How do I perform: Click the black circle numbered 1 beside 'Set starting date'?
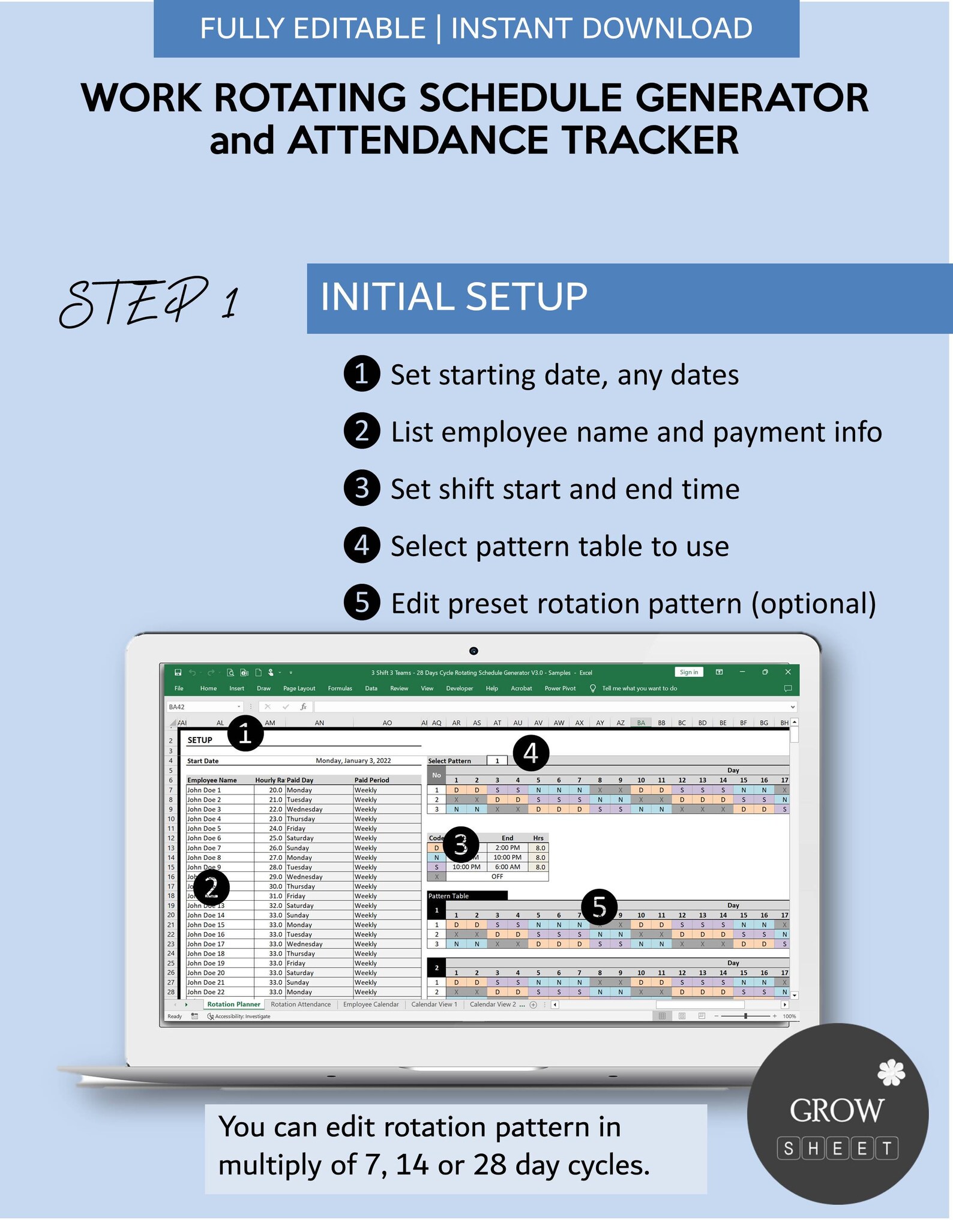(x=361, y=374)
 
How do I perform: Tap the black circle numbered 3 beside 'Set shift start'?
(x=361, y=488)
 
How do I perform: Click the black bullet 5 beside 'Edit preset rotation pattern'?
(x=361, y=602)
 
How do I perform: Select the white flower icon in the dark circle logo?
(x=891, y=1073)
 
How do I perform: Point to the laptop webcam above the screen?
(x=473, y=651)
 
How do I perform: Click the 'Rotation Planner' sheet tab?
(x=233, y=1005)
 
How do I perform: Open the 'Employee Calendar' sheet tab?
(x=370, y=1005)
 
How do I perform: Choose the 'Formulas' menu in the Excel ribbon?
(x=340, y=688)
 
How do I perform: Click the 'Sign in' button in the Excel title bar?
(x=688, y=672)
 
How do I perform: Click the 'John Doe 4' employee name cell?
(x=204, y=819)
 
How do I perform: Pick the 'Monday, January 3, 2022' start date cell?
(x=353, y=761)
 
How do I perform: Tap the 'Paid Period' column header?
(x=371, y=780)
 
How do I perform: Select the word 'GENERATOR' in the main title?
(x=751, y=98)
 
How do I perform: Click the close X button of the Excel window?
(x=788, y=672)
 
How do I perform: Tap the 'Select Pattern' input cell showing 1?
(x=497, y=761)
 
